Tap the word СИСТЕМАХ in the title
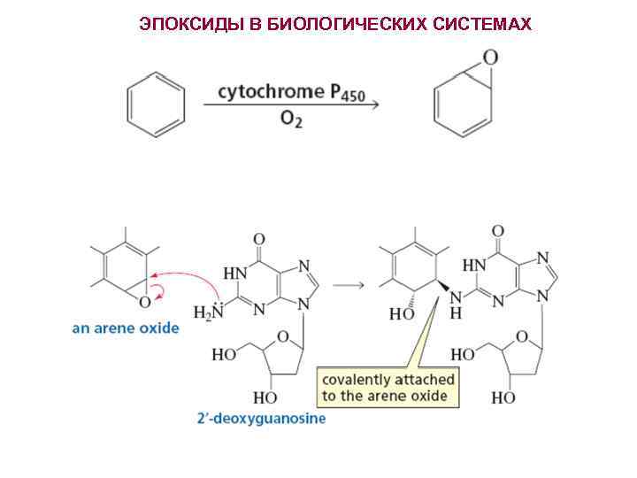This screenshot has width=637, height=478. coord(482,24)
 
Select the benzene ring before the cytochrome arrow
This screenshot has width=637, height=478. coord(157,105)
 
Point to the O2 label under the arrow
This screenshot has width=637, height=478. coord(291,119)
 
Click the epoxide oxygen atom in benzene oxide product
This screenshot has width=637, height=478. coord(489,58)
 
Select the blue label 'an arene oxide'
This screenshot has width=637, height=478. coord(126,328)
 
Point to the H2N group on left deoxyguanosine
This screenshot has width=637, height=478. coord(208,312)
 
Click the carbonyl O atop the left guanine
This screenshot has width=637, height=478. coord(258,239)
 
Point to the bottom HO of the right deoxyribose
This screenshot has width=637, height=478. coord(503,397)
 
